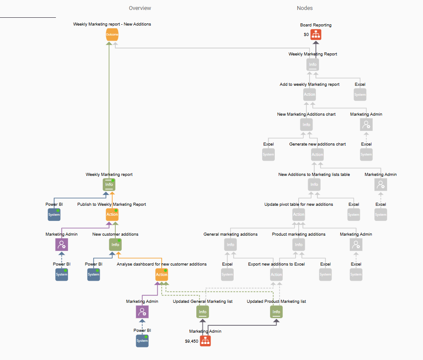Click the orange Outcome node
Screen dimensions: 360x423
click(x=112, y=35)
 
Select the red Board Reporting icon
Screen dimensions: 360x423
click(x=316, y=35)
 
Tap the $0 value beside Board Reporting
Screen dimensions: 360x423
click(x=306, y=35)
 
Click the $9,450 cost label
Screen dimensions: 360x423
click(x=191, y=341)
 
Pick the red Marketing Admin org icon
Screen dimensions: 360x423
click(x=205, y=341)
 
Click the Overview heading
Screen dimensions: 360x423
click(x=140, y=8)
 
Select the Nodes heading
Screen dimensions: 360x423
click(x=305, y=8)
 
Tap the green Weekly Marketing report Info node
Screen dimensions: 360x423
click(x=109, y=185)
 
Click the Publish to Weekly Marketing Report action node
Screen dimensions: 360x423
click(x=112, y=214)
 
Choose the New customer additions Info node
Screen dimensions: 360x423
click(x=115, y=245)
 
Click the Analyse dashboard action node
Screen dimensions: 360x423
click(x=162, y=274)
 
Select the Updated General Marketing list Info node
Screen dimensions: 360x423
click(x=202, y=311)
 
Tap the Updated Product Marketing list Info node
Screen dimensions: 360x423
click(x=277, y=311)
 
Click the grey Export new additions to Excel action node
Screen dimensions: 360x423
click(x=277, y=274)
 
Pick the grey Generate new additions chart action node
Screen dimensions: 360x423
click(x=317, y=154)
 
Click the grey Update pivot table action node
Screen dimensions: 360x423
click(x=299, y=214)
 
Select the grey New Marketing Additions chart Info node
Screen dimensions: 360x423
click(x=306, y=124)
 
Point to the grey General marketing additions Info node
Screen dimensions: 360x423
click(x=231, y=245)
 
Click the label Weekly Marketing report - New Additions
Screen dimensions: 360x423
click(x=112, y=24)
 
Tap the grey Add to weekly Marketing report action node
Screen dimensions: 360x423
click(x=309, y=94)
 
